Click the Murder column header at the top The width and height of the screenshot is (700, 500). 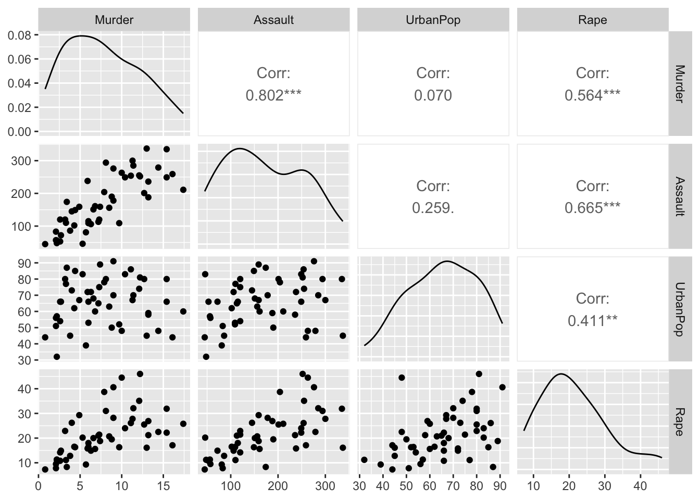[114, 20]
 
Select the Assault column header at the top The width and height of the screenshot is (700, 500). [273, 20]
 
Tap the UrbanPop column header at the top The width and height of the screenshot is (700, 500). [433, 20]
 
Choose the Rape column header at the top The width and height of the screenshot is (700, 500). [593, 20]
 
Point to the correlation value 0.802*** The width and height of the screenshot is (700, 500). [273, 95]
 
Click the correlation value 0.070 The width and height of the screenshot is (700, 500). [433, 95]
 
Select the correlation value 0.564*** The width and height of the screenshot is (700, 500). [593, 95]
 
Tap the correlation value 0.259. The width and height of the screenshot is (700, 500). [433, 208]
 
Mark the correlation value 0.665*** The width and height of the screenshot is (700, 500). [593, 208]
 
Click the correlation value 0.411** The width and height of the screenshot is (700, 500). [593, 320]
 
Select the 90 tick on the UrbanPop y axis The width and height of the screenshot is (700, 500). [25, 263]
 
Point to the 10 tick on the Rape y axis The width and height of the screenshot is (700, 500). [25, 463]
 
